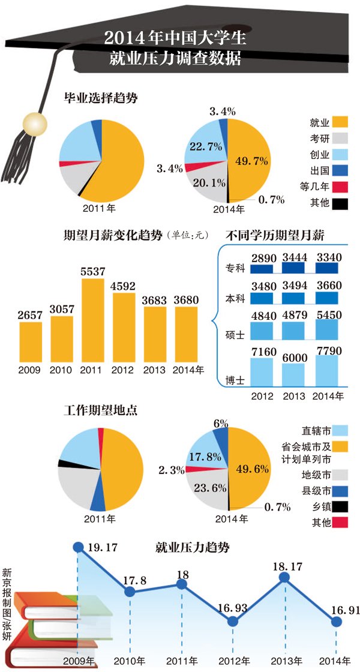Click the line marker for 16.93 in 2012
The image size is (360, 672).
(x=233, y=622)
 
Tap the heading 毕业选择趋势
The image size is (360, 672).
(x=101, y=97)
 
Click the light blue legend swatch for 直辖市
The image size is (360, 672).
(x=340, y=430)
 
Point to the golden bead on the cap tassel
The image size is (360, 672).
(x=31, y=124)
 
